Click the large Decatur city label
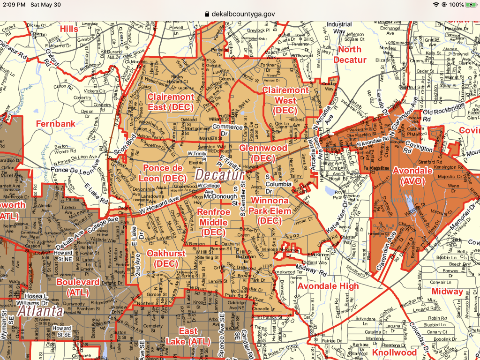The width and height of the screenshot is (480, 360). [219, 175]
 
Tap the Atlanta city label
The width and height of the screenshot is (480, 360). [40, 311]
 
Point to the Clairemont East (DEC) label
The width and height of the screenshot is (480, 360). [171, 102]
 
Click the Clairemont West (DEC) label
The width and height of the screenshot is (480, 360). [285, 100]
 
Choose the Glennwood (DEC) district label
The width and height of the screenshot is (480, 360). [263, 153]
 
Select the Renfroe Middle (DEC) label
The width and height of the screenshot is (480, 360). [214, 222]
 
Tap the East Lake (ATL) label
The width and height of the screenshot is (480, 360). [188, 336]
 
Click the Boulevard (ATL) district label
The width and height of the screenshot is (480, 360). [78, 286]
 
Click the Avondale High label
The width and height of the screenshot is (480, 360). [328, 286]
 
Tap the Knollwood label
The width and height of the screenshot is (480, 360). [394, 352]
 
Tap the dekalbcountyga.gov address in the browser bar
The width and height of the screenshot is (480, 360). [243, 14]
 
